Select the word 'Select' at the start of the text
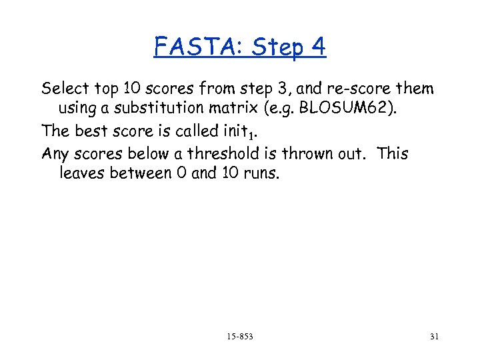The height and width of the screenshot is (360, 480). (x=63, y=89)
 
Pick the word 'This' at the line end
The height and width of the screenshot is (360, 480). (x=393, y=154)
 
